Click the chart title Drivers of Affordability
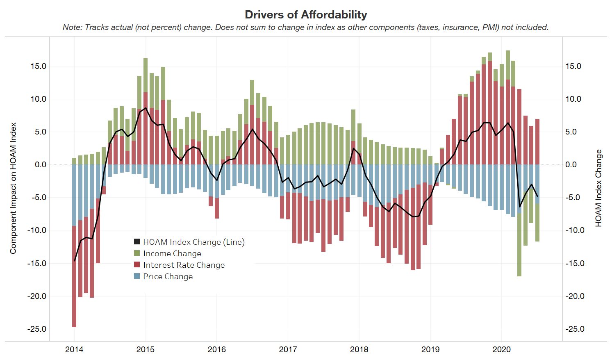pos(306,14)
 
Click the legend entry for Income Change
pos(172,253)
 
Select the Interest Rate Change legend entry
pos(184,265)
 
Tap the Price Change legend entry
pos(168,276)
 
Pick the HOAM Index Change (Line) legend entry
pos(193,242)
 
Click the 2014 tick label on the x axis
pos(74,349)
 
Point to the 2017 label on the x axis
pos(288,349)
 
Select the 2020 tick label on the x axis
pos(501,349)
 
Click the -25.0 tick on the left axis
pos(37,329)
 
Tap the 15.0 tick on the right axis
pos(573,66)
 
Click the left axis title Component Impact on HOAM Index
pos(13,188)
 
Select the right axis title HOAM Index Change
pos(598,188)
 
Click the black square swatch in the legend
pos(137,242)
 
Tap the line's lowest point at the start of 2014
pos(75,260)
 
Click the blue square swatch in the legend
pos(137,276)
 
